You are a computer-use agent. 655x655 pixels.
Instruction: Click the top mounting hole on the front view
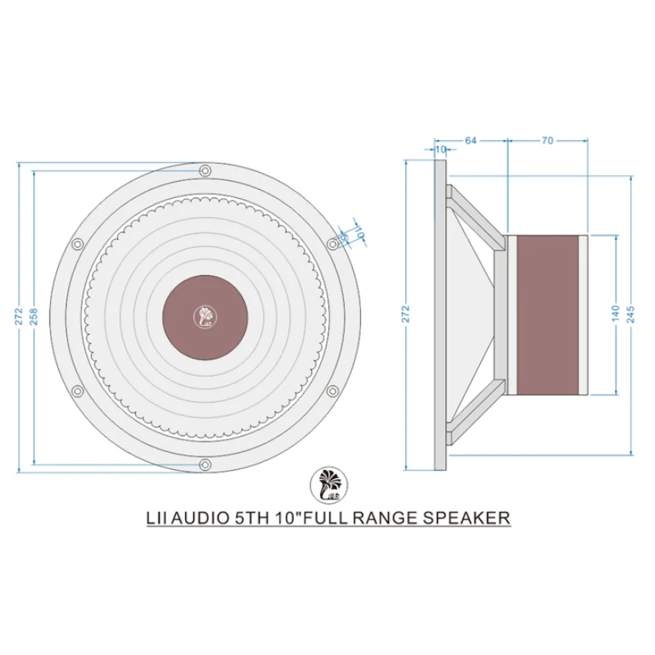pos(205,170)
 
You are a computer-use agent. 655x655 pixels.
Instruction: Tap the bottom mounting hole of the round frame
pos(205,466)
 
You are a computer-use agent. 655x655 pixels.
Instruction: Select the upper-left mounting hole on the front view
pos(77,244)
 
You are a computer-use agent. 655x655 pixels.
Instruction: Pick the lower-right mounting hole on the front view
pos(332,391)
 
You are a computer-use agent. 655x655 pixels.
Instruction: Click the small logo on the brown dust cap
pos(205,317)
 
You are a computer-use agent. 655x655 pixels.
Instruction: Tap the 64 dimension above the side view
pos(471,141)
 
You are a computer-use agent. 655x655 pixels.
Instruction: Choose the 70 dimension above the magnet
pos(547,141)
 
